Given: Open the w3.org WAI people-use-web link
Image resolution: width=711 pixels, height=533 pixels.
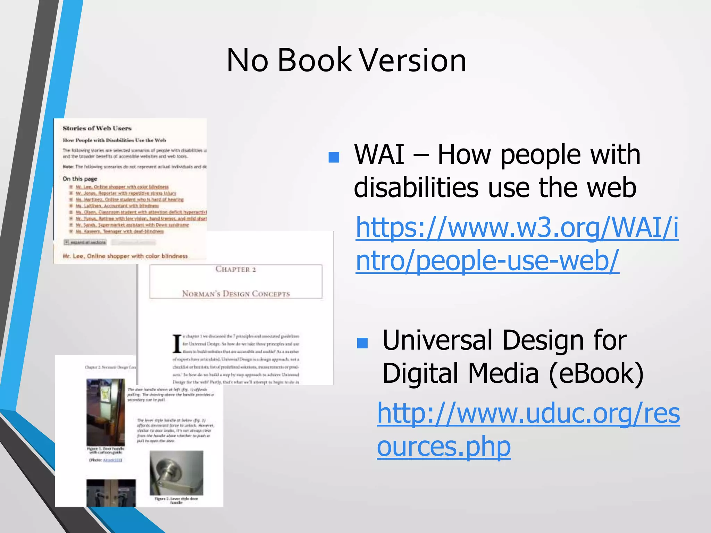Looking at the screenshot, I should [x=517, y=244].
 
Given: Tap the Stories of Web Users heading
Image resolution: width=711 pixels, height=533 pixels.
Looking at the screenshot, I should [x=97, y=128].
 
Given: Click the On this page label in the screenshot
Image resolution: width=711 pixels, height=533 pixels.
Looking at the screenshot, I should [x=80, y=179].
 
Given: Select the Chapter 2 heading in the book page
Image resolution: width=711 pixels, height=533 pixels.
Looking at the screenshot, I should [x=236, y=269].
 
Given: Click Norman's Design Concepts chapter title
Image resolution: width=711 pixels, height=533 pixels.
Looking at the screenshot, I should [x=236, y=294].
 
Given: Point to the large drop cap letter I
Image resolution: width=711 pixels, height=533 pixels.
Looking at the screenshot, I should [x=177, y=344].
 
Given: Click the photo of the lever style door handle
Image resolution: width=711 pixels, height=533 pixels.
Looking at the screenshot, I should [x=176, y=473].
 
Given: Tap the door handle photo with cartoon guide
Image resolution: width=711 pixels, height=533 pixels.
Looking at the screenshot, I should [x=106, y=412].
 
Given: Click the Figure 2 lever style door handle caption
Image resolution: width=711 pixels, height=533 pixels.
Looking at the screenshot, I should [x=176, y=500].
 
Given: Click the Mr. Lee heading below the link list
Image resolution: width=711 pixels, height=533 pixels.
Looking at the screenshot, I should [x=125, y=256].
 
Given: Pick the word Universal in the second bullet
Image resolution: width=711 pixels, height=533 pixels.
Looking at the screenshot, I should [x=437, y=340].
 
